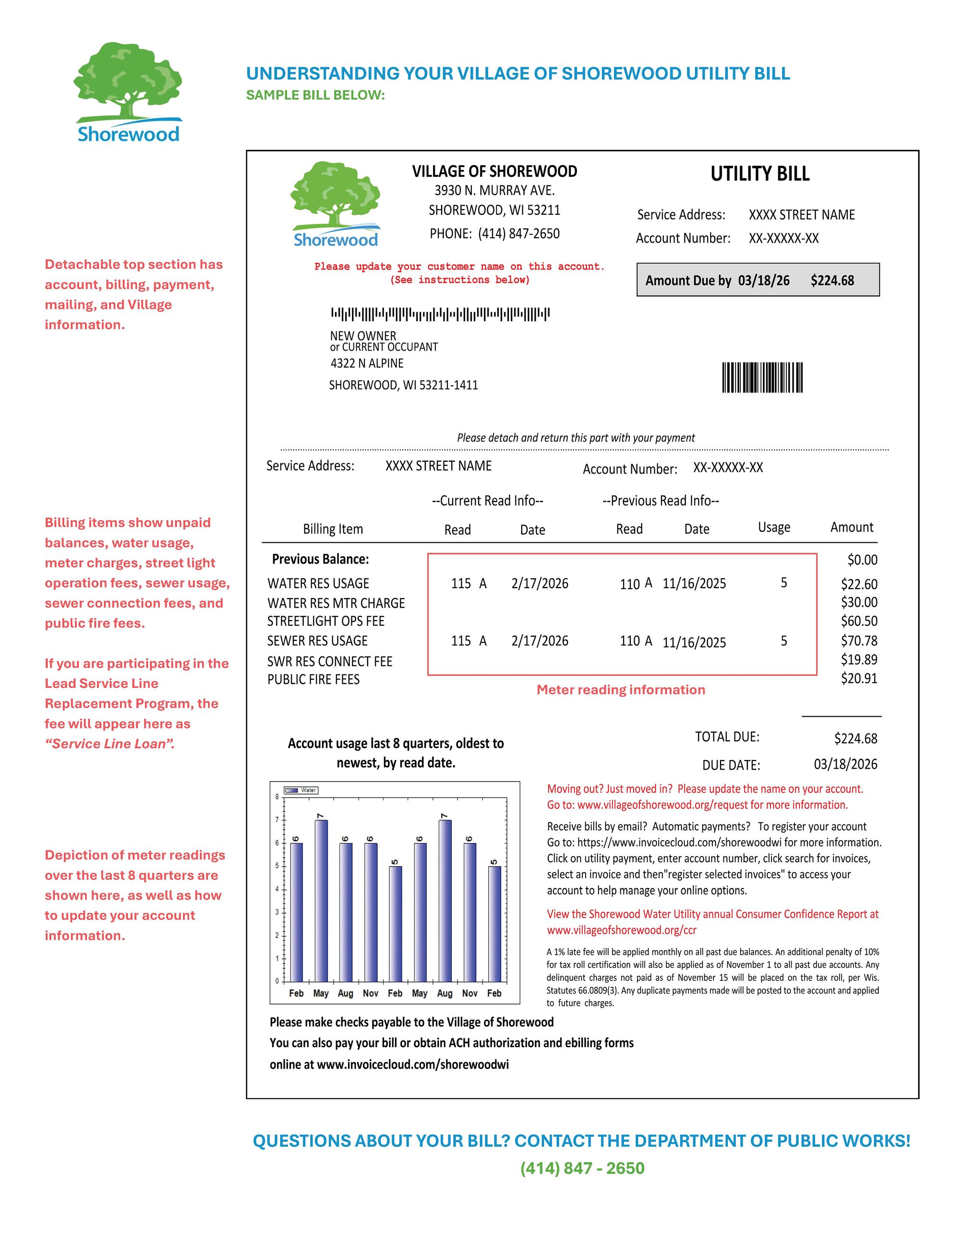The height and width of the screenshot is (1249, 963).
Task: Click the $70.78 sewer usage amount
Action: pos(858,640)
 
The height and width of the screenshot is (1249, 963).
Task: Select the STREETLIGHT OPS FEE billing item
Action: pos(326,621)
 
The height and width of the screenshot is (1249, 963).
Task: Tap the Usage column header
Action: pos(774,527)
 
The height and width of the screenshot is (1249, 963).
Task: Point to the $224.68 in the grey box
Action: pos(831,280)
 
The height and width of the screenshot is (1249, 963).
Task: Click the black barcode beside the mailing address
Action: pos(762,378)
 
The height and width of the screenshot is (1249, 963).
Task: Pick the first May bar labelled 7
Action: pos(321,900)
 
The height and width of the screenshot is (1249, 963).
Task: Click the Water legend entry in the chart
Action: pos(301,790)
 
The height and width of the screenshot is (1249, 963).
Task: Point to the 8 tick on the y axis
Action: pos(277,796)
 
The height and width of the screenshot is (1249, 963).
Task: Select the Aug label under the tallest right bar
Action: pos(445,993)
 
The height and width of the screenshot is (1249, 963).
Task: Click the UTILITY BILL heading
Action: pos(759,174)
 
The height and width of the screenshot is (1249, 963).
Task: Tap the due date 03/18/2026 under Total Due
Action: pos(845,764)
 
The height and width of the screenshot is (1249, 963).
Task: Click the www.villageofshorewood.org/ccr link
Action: pos(621,930)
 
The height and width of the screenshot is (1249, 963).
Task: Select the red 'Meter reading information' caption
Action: pos(621,690)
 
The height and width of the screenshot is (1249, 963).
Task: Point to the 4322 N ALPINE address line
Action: pos(367,363)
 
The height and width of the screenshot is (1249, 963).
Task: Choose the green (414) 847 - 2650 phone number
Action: pos(582,1168)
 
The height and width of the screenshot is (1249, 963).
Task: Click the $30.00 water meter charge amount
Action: pos(858,602)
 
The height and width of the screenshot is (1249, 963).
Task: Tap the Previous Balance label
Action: pos(320,559)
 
